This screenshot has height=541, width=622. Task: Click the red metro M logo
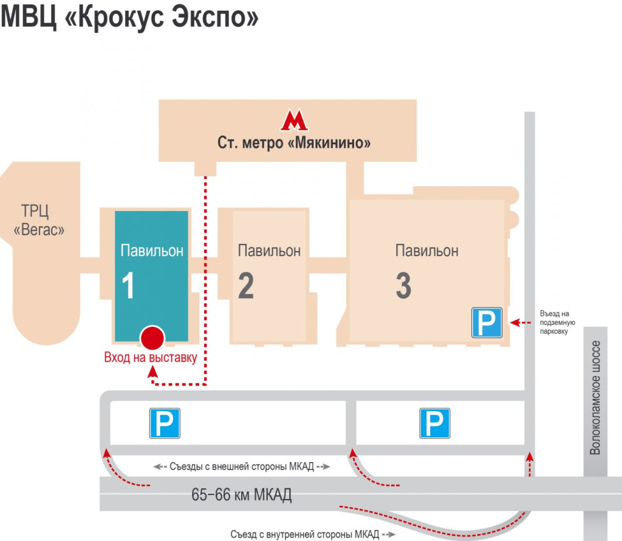pos(294,120)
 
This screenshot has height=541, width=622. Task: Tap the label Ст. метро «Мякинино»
pos(295,144)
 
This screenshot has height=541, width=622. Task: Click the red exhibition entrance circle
pos(152,337)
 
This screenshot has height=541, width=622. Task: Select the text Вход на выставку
pos(151,358)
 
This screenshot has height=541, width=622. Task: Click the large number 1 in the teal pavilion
pos(128,286)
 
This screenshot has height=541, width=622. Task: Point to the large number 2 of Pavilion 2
pos(246,286)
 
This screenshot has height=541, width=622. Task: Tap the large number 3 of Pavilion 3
pos(403,286)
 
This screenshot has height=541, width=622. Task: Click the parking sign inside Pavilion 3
pos(488,322)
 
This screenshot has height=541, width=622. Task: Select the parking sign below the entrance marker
pos(165,423)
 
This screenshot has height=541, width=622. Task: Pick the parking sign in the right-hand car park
pos(435,423)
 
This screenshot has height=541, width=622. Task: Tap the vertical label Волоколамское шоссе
pos(596,398)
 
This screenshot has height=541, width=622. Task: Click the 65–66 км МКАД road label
pos(242,495)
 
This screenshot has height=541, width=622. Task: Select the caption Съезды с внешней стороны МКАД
pos(241,466)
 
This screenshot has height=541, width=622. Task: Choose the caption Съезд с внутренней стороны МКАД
pos(304,534)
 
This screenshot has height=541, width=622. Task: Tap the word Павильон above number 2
pos(269,250)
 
